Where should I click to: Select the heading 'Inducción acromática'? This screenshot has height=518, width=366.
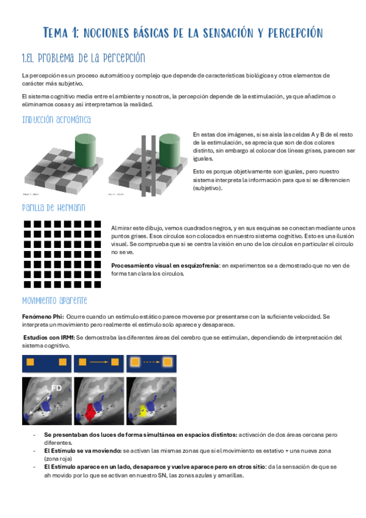[x=56, y=119]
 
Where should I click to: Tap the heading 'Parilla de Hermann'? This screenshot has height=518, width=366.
[x=53, y=208]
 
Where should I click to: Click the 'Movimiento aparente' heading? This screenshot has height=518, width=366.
[x=54, y=301]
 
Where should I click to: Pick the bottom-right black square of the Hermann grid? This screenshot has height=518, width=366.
[x=97, y=285]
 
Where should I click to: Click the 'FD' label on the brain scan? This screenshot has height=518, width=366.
[x=56, y=387]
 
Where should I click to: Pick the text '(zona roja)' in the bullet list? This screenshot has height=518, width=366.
[x=59, y=458]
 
